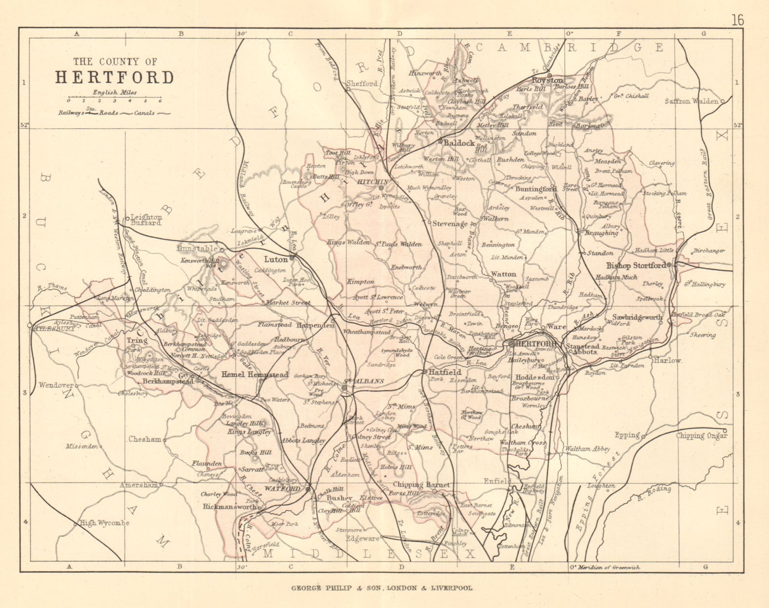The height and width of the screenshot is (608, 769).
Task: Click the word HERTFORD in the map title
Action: (x=114, y=77)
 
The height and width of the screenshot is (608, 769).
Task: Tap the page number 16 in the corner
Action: (x=738, y=7)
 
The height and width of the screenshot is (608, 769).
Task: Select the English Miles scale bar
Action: (x=114, y=98)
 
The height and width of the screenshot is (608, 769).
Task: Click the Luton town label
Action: (x=275, y=259)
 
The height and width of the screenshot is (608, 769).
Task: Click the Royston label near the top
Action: (x=547, y=80)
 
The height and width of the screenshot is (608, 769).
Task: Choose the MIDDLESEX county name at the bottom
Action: (x=369, y=554)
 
